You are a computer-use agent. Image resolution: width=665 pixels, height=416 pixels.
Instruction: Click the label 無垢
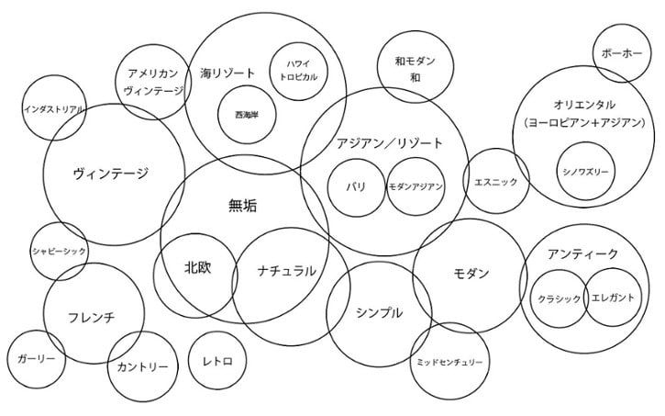point(242,206)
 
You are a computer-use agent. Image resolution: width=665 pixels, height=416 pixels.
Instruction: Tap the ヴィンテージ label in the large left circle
point(111,174)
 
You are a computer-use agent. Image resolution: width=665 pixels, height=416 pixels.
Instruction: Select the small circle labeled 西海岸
point(247,115)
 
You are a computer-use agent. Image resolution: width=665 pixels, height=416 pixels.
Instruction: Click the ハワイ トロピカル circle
point(299,71)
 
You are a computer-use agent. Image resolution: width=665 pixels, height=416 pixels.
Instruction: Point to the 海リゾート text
point(227,73)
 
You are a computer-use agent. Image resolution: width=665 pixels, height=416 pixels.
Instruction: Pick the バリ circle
point(356,187)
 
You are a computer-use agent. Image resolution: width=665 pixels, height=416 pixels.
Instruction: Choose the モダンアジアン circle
point(416,186)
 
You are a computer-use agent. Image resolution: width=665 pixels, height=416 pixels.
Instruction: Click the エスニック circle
point(496,181)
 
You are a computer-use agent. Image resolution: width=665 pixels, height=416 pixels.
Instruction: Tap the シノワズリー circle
point(586,171)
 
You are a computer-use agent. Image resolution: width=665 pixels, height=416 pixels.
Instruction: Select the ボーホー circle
point(621,53)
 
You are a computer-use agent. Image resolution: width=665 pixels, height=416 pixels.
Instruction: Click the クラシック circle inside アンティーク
point(560,298)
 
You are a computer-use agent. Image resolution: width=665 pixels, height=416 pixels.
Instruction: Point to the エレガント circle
point(614,298)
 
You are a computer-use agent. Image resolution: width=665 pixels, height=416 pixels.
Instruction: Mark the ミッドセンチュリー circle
point(449,361)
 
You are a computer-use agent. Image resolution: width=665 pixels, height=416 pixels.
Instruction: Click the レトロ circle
point(217,361)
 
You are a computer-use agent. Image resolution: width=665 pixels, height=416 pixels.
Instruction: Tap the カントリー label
point(142,366)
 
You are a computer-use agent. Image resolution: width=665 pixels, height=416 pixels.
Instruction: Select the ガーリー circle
point(37,359)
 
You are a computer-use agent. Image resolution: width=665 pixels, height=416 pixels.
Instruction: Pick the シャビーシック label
point(60,252)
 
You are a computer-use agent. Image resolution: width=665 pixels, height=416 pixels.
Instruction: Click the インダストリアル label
point(55,109)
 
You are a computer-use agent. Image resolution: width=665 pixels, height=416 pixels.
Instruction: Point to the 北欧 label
point(197,267)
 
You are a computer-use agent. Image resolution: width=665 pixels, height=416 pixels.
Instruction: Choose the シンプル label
point(379,313)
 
